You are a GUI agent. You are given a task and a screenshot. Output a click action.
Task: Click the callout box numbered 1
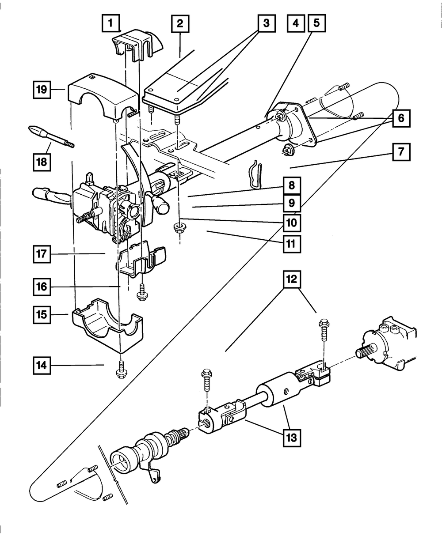(111, 23)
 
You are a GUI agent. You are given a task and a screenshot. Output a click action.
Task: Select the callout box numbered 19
(42, 90)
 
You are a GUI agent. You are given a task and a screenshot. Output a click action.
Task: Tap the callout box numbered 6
(401, 118)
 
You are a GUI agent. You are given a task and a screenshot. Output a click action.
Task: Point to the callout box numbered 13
(292, 438)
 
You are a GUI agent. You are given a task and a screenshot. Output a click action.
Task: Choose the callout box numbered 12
(292, 279)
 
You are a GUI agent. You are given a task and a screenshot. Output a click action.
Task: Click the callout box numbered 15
(42, 314)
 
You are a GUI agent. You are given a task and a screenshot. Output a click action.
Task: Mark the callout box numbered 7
(401, 152)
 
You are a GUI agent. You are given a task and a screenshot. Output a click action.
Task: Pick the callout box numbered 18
(42, 162)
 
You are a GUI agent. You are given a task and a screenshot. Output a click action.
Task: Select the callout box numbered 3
(267, 23)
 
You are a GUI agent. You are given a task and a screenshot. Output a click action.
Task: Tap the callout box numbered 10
(292, 223)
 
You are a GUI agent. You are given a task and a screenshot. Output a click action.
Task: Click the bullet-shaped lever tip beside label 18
(37, 132)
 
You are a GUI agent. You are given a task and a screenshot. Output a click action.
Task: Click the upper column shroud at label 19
(103, 99)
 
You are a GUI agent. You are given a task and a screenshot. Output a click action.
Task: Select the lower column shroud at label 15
(108, 325)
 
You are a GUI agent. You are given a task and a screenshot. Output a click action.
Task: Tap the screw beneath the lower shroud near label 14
(121, 370)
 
